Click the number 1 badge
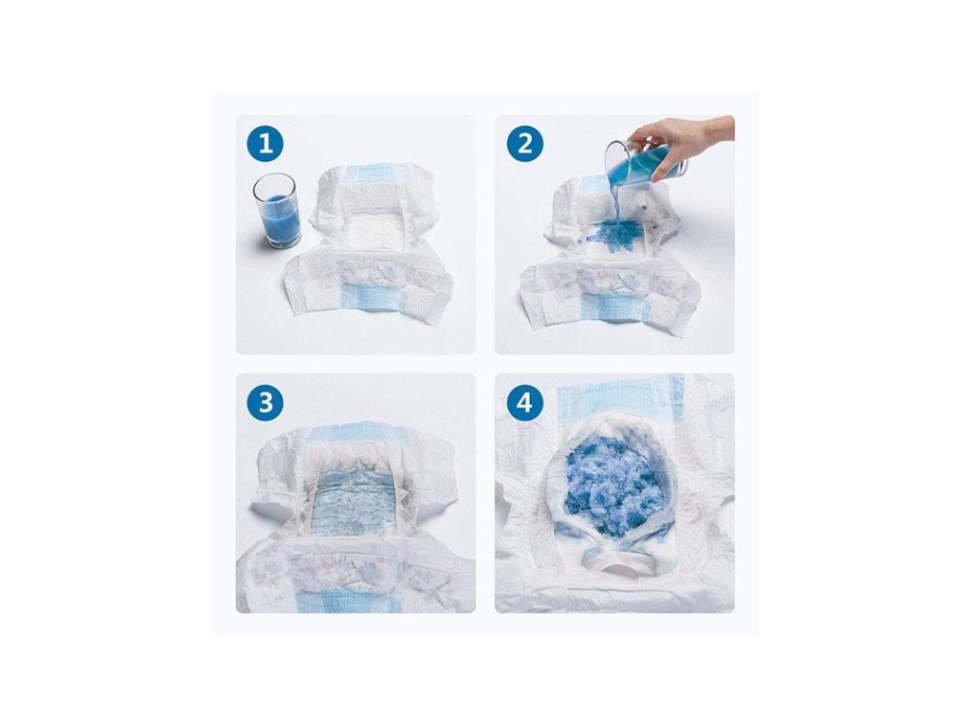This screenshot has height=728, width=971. (266, 144)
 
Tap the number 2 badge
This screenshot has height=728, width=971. (524, 144)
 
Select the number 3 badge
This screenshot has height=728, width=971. (266, 403)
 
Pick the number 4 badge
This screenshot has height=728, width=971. (524, 403)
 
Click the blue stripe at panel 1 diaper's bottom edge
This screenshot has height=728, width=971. (372, 302)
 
